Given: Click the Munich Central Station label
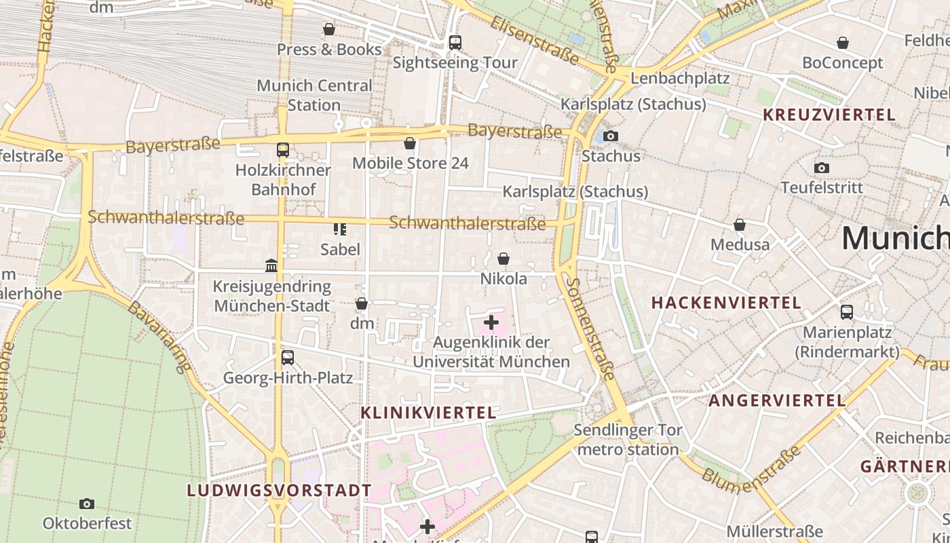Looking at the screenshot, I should point(314,95).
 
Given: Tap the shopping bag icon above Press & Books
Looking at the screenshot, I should point(329,29).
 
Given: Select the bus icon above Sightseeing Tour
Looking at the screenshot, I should point(455,42).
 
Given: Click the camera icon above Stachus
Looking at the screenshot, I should point(611,136).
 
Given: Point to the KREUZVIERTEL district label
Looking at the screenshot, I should point(829,115).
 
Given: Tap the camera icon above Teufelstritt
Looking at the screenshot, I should point(822,168).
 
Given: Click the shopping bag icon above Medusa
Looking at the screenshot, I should point(740,224).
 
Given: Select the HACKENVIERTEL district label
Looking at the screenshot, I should point(726,303).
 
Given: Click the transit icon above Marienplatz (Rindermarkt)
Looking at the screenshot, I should point(847,312).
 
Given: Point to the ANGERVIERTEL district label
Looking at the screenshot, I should point(777,400).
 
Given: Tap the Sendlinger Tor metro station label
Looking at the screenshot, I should point(628,439).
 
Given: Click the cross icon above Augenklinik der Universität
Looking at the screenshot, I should point(491,322).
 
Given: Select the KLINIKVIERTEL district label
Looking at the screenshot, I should point(428,413).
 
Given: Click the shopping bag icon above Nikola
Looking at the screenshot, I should point(503,259).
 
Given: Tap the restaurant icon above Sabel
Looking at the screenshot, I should point(340,229).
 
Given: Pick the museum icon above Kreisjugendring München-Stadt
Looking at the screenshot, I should point(271,265).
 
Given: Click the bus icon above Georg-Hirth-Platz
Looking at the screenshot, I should point(288,357).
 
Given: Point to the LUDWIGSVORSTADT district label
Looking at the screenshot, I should point(280,490).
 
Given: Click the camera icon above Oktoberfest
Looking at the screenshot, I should point(87,504).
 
